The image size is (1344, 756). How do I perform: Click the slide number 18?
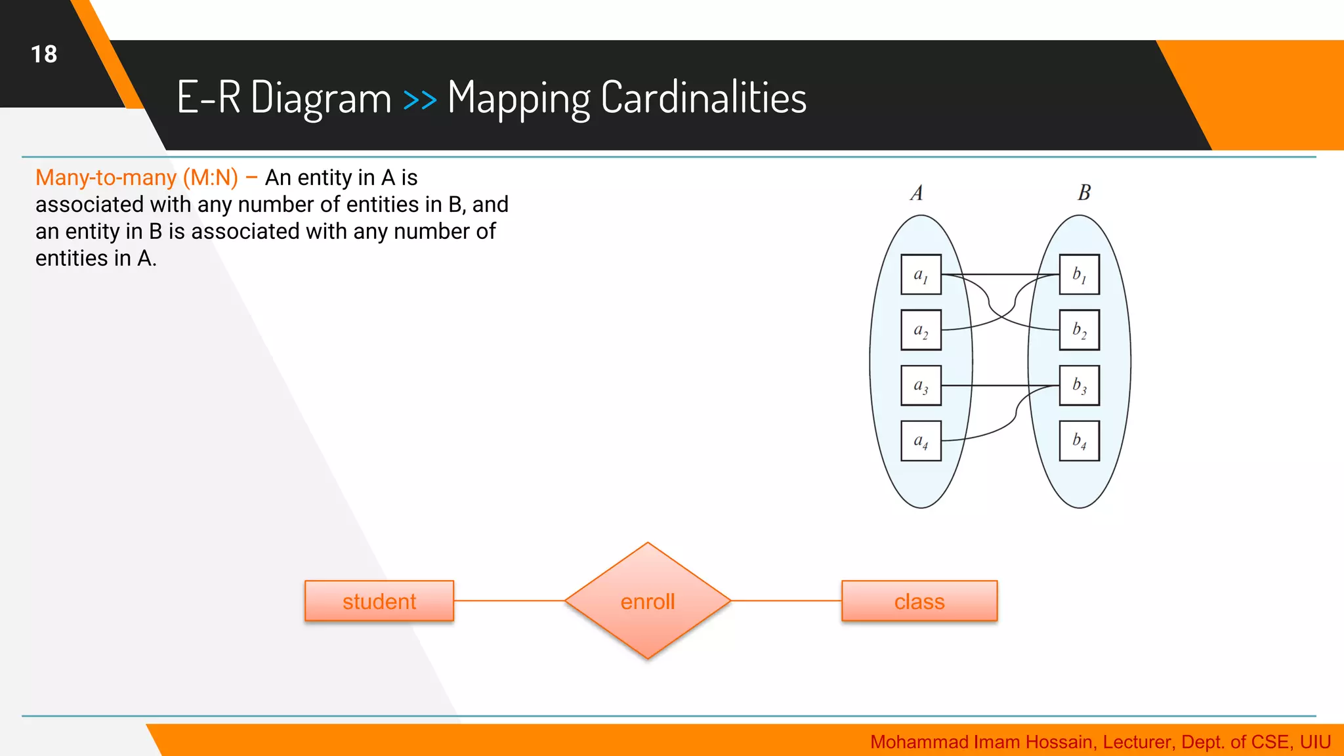point(44,54)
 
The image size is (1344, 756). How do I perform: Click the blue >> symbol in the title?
point(419,100)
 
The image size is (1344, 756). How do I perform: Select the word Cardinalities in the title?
point(703,98)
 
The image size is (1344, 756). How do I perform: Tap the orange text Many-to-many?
point(106,178)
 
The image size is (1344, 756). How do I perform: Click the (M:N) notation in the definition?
point(210,178)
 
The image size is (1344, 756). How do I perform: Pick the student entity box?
point(379,601)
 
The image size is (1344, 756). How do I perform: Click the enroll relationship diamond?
point(648,601)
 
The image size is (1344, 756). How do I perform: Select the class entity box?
point(919,601)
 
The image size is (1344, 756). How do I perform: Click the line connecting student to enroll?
point(509,600)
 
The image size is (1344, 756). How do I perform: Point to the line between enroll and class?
point(786,600)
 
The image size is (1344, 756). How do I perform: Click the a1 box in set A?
point(921,274)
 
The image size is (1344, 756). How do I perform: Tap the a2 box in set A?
point(921,330)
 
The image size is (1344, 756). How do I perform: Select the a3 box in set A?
point(921,385)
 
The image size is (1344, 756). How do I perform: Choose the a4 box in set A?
point(921,441)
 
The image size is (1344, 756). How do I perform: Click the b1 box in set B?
point(1080,274)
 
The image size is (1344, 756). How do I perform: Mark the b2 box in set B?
point(1080,330)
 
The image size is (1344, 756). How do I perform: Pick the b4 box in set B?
point(1080,441)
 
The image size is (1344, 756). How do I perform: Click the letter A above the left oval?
point(917,193)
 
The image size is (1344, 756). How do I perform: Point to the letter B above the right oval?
point(1084,192)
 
